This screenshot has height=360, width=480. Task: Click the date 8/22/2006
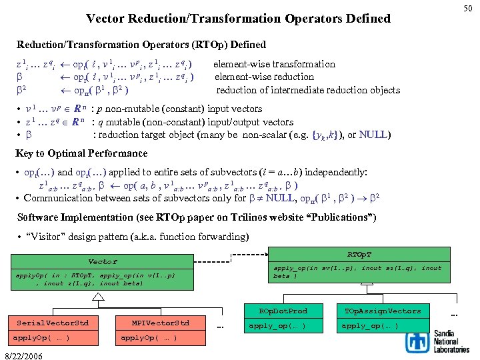tap(24, 353)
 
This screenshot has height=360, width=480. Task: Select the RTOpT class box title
tap(360, 254)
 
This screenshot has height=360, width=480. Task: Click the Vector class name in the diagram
tap(103, 261)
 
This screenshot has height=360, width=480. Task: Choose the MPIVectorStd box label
tap(161, 323)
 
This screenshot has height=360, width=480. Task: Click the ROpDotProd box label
tap(283, 311)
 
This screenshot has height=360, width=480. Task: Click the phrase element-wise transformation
tap(274, 64)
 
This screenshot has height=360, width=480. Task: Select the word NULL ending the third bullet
tap(375, 135)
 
